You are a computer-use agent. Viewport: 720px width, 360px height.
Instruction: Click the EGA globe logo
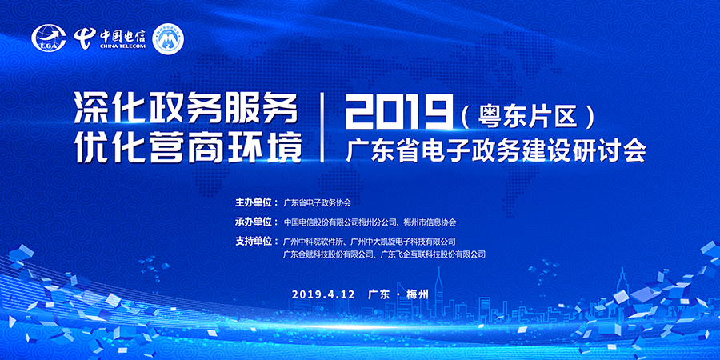click(x=49, y=38)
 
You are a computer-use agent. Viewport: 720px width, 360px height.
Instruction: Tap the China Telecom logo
click(x=110, y=38)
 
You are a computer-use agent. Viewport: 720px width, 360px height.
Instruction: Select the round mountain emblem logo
click(x=167, y=38)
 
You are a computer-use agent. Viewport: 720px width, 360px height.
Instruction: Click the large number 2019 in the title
click(x=398, y=111)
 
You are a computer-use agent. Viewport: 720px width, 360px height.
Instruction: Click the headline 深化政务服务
click(x=184, y=110)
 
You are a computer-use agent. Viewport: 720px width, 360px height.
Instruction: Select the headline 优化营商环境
click(x=189, y=148)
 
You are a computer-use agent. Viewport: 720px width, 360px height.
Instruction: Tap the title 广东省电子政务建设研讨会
click(x=496, y=150)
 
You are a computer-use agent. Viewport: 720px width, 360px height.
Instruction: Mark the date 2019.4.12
click(x=323, y=294)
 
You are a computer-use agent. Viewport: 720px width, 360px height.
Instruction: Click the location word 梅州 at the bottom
click(x=417, y=294)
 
